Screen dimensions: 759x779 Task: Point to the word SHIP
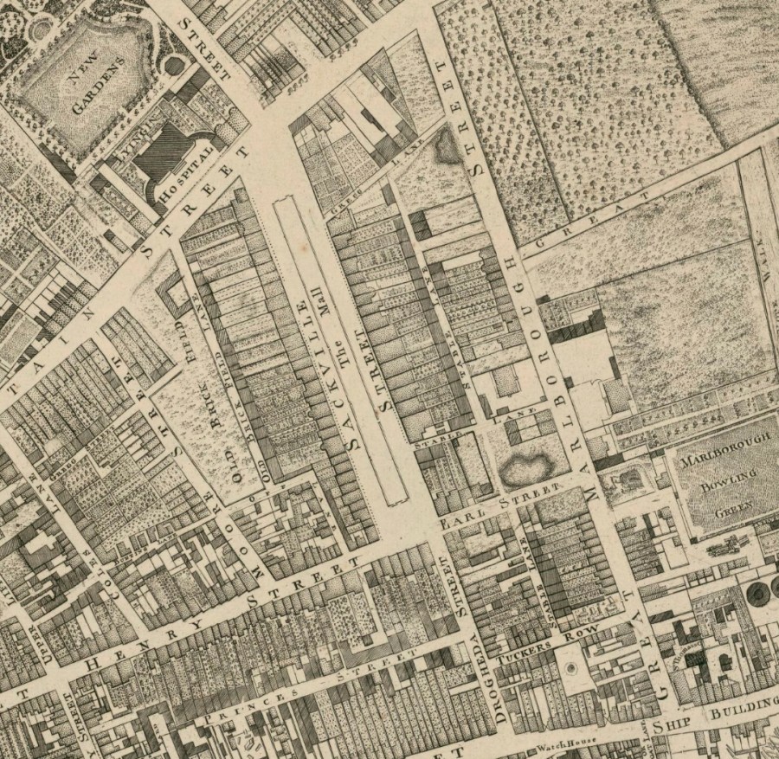coord(673,725)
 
